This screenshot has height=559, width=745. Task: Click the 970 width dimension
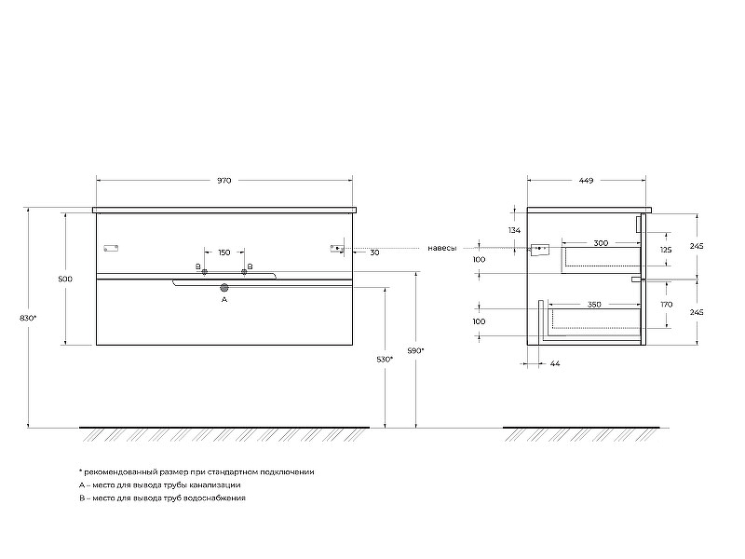[x=223, y=181]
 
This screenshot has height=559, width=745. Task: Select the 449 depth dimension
[x=587, y=181]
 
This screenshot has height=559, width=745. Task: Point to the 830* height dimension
[x=28, y=318]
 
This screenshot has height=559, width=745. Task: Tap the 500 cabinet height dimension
[x=65, y=279]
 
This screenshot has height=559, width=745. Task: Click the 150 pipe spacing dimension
[x=224, y=252]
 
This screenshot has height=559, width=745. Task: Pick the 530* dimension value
[x=385, y=360]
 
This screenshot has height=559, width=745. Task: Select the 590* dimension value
[x=415, y=351]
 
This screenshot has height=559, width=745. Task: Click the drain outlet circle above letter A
[x=224, y=287]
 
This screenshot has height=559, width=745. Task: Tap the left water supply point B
[x=204, y=272]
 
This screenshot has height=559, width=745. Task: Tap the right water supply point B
[x=244, y=272]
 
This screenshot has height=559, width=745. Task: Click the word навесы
[x=441, y=248]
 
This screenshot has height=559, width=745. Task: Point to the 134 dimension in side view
[x=515, y=230]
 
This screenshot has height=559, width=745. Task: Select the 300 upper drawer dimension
[x=601, y=243]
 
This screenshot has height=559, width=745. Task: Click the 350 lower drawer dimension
[x=594, y=305]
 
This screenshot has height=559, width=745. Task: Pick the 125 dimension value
[x=666, y=250]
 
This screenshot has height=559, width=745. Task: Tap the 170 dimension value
[x=667, y=305]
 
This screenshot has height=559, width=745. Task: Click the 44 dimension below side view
[x=555, y=363]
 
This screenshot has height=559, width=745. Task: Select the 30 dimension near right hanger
[x=375, y=252]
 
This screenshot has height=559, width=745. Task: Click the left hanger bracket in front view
[x=111, y=248]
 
